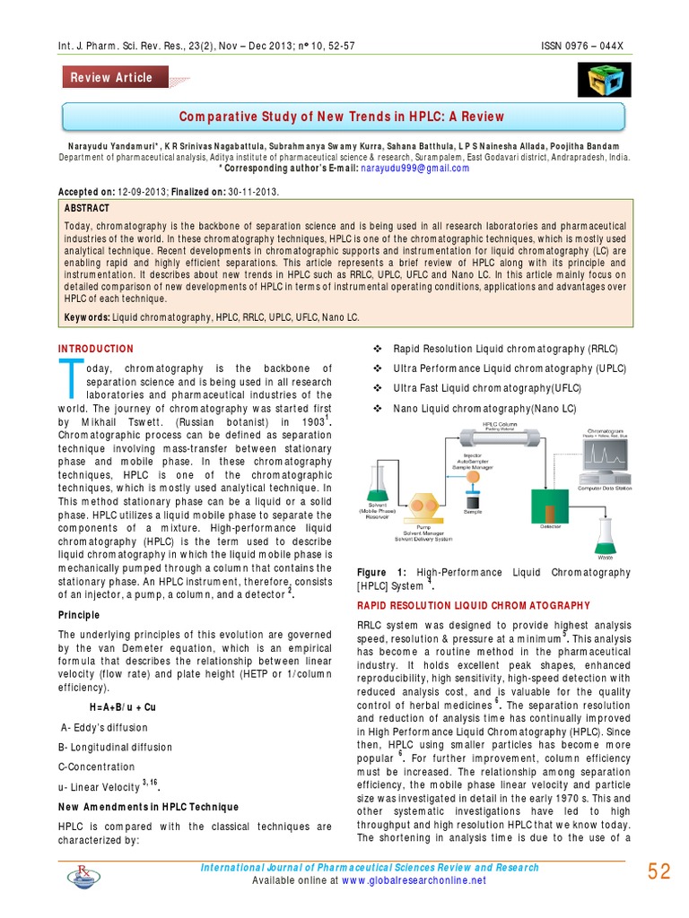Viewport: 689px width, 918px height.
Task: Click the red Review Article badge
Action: pyautogui.click(x=112, y=77)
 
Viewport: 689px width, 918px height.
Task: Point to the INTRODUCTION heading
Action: pyautogui.click(x=96, y=349)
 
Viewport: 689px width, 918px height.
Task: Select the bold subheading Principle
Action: pyautogui.click(x=81, y=615)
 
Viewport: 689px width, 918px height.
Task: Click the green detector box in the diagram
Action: pyautogui.click(x=551, y=506)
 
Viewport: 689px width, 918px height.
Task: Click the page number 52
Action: pyautogui.click(x=658, y=871)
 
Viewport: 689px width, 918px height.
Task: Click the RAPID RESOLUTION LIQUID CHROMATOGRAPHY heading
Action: pyautogui.click(x=474, y=605)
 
